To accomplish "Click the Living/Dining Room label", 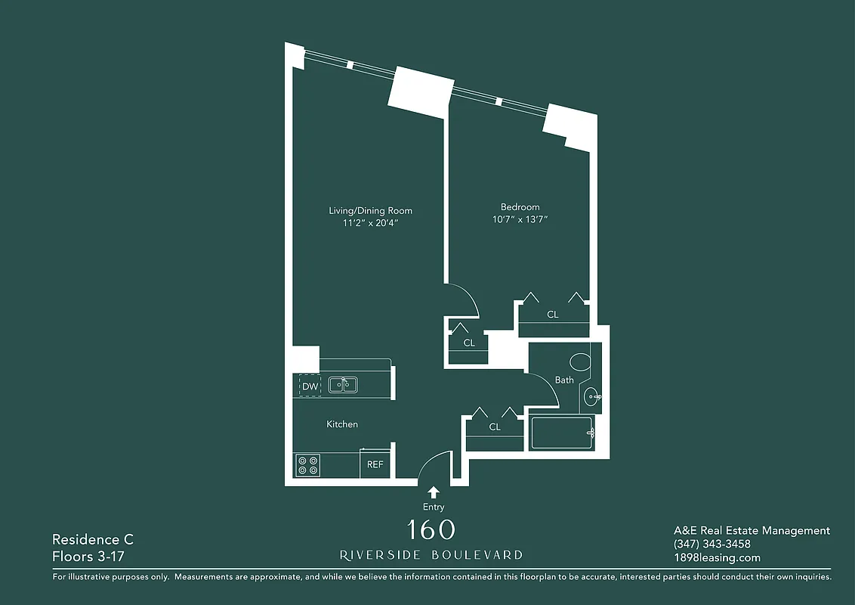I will click(370, 210).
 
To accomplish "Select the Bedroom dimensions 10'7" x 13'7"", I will click(520, 220).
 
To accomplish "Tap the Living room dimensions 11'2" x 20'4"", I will click(370, 223).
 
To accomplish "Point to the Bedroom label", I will click(520, 207).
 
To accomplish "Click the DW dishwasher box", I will click(310, 386).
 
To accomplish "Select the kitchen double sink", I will click(343, 384).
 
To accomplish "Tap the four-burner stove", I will click(307, 465).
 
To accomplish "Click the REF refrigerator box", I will click(375, 465).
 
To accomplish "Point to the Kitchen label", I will click(342, 424).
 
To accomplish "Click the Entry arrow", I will click(434, 492).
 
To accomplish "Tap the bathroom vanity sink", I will click(593, 395).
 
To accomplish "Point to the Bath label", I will click(564, 380).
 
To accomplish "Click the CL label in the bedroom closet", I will click(553, 314).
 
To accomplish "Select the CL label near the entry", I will click(495, 427).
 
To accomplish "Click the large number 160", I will click(431, 530).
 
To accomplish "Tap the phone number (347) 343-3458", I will click(711, 544).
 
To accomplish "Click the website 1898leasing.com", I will click(717, 558).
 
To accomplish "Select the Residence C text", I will click(92, 539).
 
